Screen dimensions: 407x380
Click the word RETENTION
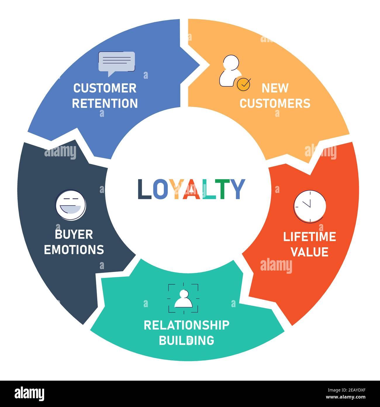105,103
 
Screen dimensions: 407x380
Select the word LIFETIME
310,237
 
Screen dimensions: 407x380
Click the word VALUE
310,252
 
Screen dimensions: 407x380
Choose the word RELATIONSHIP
186,325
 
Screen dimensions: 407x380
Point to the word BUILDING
186,340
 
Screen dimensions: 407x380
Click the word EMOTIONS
74,249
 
